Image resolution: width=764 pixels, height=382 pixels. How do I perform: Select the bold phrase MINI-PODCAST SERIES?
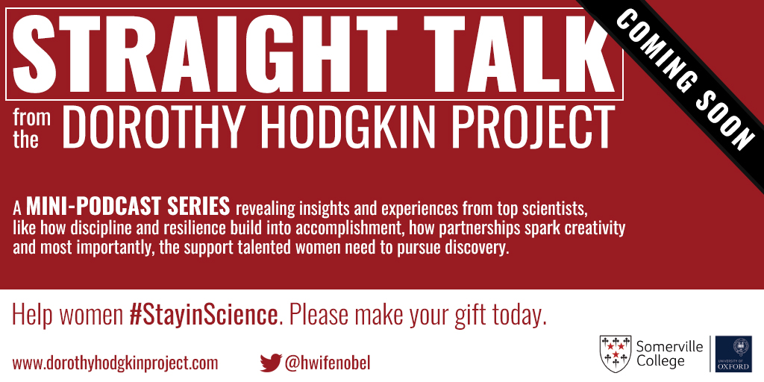pyautogui.click(x=128, y=207)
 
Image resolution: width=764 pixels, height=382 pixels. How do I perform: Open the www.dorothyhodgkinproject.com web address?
pyautogui.click(x=115, y=363)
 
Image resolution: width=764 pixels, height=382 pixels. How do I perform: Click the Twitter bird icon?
pyautogui.click(x=271, y=363)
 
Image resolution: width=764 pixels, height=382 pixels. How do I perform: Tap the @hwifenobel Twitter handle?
pyautogui.click(x=328, y=363)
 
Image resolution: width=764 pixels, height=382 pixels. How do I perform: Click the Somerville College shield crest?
pyautogui.click(x=615, y=352)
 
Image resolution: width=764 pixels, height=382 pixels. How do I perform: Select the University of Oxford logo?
pyautogui.click(x=733, y=354)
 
